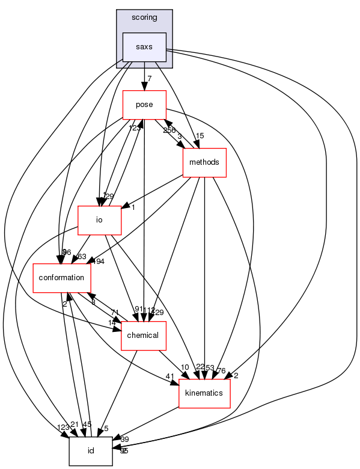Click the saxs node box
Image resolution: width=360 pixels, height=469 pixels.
[144, 47]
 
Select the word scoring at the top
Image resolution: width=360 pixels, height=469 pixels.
[144, 17]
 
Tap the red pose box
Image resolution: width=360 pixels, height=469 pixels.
[144, 105]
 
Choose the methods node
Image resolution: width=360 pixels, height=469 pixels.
[204, 162]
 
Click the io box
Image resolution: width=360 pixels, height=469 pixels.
[100, 220]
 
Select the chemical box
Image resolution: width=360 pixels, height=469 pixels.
[144, 335]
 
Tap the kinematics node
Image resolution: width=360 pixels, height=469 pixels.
[204, 393]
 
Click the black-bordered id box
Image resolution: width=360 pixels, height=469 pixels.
[91, 450]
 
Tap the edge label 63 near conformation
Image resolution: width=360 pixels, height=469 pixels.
[82, 257]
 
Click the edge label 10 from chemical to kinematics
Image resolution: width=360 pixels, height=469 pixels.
[185, 367]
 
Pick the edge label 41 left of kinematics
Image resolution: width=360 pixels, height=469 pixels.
[169, 377]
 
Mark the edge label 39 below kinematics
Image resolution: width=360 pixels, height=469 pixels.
[124, 440]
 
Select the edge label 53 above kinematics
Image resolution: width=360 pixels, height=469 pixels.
[210, 367]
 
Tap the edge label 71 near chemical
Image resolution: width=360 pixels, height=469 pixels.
[115, 313]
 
